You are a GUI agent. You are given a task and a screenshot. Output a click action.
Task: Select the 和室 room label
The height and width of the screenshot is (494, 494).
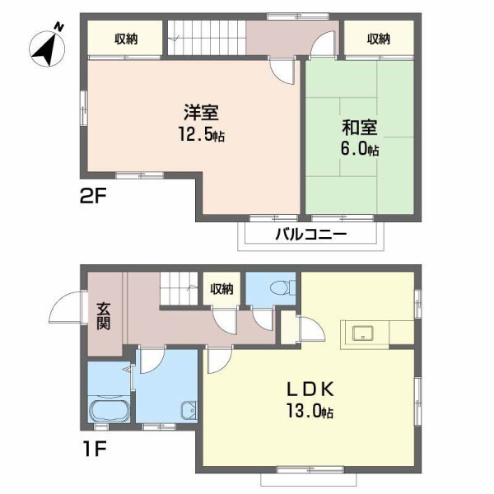point(360,128)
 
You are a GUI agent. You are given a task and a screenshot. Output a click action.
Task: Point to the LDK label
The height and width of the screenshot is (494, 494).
point(310,389)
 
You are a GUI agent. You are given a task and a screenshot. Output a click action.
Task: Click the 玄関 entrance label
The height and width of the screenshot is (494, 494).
point(103,315)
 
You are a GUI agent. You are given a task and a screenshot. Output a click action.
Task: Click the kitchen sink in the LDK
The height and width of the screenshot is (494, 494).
point(363,333)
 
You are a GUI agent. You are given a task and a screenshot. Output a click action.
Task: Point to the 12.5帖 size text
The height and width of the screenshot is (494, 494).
point(201,134)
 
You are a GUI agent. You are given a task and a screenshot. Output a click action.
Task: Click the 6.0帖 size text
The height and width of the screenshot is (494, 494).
point(361,150)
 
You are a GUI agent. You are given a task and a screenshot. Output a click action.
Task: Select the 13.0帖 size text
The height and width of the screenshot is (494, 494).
point(310,411)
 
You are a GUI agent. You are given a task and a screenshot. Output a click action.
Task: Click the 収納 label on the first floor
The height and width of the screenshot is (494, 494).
point(221,289)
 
